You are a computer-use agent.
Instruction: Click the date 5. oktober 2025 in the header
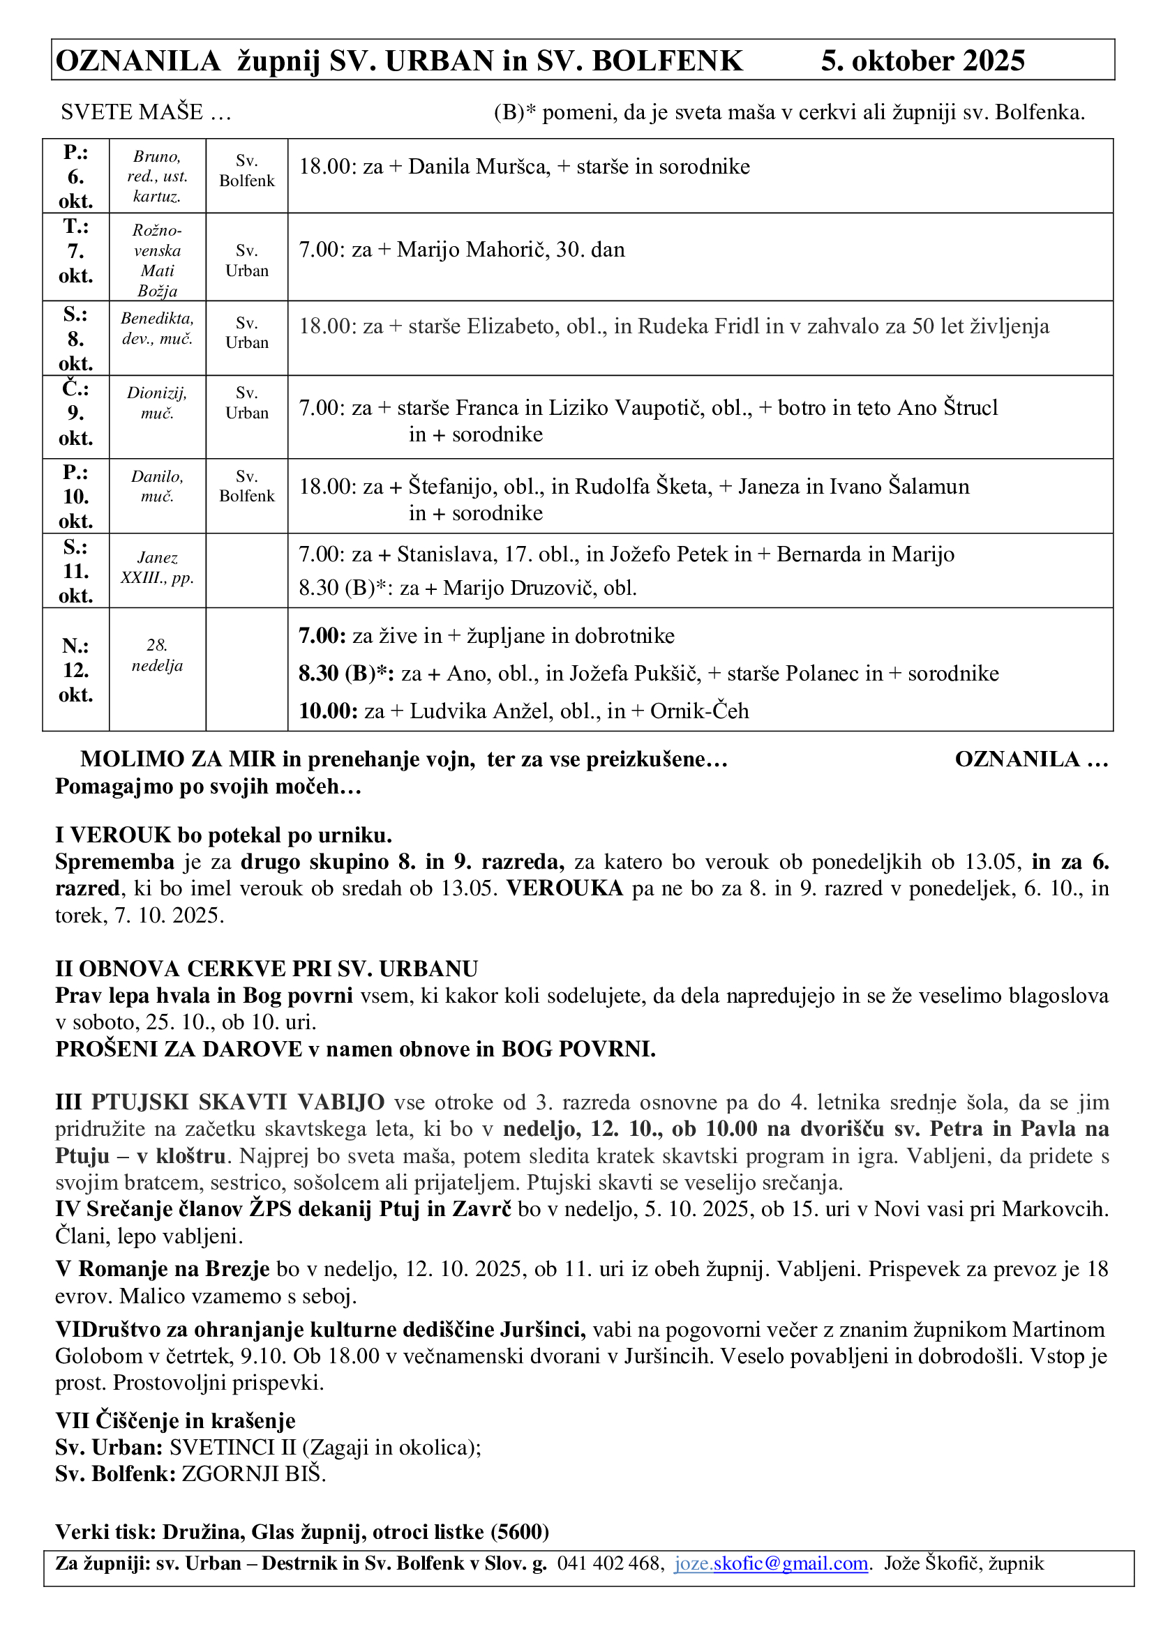(922, 61)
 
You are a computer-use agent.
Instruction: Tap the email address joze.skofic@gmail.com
(771, 1563)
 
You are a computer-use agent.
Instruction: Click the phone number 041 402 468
(610, 1563)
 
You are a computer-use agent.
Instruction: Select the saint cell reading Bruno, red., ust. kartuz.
(157, 176)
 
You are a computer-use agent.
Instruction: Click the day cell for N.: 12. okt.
(75, 670)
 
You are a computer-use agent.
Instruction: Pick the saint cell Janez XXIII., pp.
(157, 568)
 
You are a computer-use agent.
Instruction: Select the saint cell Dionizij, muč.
(157, 403)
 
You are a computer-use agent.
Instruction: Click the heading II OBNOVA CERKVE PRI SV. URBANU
(267, 969)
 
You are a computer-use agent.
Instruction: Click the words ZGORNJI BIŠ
(254, 1474)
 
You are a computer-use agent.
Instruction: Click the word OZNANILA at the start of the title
(138, 61)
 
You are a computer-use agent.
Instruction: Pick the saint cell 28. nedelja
(157, 655)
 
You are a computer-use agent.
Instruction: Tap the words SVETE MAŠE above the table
(132, 112)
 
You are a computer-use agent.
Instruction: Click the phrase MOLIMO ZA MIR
(178, 759)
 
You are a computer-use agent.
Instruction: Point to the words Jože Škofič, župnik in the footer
(964, 1563)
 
